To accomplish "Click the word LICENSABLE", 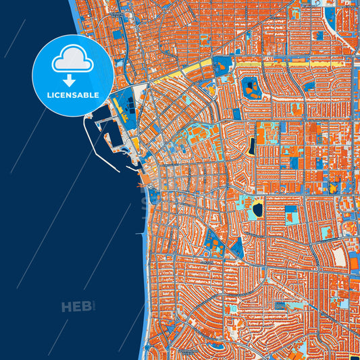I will click(72, 95).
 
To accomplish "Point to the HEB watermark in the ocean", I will click(76, 307).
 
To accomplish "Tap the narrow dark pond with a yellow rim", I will click(251, 145).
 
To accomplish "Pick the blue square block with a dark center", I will click(292, 216).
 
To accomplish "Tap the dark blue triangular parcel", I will click(236, 249).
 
